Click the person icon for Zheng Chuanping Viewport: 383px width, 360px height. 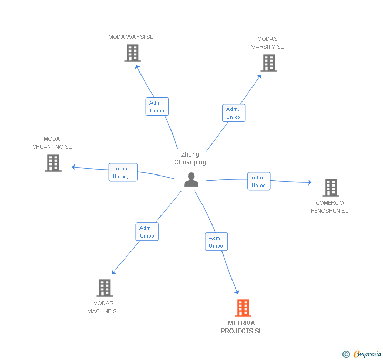tap(191, 180)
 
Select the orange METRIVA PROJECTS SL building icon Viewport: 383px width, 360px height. tap(243, 308)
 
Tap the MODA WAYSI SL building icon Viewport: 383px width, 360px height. tap(133, 53)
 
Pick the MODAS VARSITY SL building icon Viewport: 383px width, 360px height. tap(269, 63)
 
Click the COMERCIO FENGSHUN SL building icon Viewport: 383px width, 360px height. tap(331, 188)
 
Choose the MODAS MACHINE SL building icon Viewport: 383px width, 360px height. tap(105, 288)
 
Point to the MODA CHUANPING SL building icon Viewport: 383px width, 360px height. tap(53, 163)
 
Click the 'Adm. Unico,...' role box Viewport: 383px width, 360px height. tap(123, 172)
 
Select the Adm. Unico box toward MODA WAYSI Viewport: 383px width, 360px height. tap(157, 106)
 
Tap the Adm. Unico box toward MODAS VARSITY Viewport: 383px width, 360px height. tap(234, 113)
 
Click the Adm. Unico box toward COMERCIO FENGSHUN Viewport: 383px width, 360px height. tap(259, 181)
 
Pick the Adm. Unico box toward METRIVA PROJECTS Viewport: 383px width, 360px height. tap(216, 242)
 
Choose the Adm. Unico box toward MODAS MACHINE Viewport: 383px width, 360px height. tap(147, 232)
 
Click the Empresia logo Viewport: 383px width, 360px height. tap(362, 354)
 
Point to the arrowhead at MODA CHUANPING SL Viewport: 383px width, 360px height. tap(73, 167)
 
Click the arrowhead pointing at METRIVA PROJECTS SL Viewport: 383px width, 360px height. tap(237, 292)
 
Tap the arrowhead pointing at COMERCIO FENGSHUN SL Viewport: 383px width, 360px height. tap(310, 182)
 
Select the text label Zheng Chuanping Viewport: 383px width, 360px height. tap(190, 158)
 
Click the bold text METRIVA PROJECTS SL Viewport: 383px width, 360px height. tap(241, 327)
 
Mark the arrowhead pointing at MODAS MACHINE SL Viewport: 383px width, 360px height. tap(113, 272)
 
